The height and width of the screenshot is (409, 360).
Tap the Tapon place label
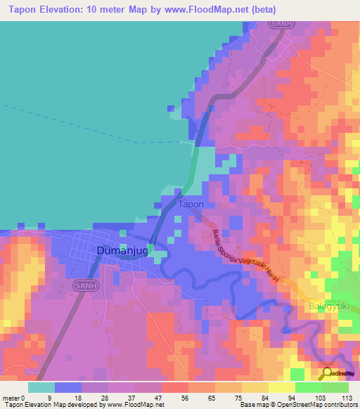(191, 204)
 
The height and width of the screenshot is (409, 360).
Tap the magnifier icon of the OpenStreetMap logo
(328, 373)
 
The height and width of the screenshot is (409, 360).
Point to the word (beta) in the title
(260, 10)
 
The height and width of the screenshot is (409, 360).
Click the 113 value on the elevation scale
(347, 397)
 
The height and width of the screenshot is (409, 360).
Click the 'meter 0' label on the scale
(13, 397)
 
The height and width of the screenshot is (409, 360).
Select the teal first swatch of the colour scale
(41, 387)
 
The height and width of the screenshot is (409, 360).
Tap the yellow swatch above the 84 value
(255, 387)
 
